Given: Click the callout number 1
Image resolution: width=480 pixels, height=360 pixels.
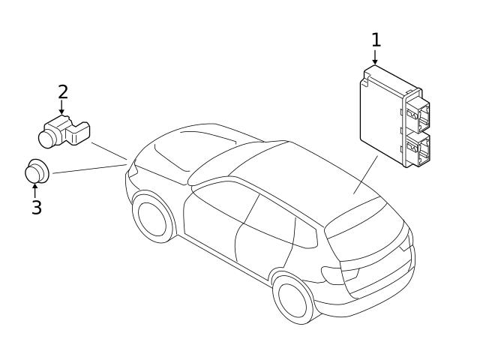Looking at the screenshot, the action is (x=376, y=39).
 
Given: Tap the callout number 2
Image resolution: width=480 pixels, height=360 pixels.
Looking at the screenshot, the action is (x=63, y=91).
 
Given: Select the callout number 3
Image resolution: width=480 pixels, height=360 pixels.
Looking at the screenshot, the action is (x=36, y=207).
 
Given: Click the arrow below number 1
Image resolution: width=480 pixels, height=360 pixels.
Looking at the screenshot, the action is (x=376, y=57).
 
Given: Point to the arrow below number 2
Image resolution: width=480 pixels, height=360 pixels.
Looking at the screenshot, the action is (x=62, y=109).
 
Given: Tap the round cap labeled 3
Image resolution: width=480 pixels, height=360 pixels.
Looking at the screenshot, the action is (x=36, y=171).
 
